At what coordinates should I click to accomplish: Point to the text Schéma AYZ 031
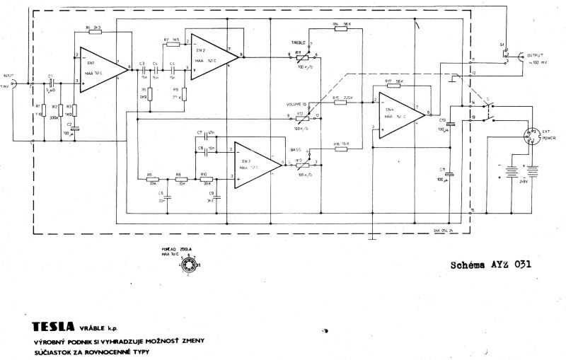tap(490, 265)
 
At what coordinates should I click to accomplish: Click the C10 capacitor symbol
tap(449, 124)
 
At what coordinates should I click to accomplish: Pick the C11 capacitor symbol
tap(449, 173)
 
